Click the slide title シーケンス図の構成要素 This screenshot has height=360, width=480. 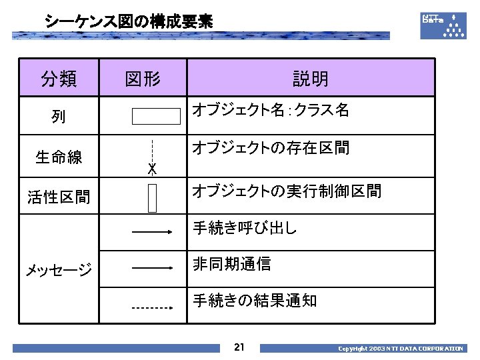point(129,22)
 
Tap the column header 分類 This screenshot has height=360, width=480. point(59,79)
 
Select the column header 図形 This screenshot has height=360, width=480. point(143,79)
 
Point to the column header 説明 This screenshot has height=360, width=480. point(310,79)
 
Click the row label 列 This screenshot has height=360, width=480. point(59,117)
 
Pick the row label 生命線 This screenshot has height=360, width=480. point(59,157)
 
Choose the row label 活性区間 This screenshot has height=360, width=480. point(59,197)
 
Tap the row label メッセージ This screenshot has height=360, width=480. point(59,270)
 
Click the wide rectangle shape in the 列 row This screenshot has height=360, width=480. point(156,116)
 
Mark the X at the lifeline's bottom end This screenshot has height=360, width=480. point(152,169)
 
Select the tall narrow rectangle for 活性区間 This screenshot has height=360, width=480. point(153,196)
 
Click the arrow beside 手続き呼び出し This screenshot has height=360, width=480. point(153,232)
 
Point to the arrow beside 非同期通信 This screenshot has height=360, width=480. point(153,268)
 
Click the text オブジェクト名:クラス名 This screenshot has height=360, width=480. point(271,110)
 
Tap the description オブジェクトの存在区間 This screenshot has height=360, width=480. point(271,147)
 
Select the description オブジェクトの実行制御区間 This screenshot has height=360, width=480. point(287,191)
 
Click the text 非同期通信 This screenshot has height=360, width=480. point(231,264)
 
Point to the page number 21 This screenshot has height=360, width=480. point(240,347)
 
